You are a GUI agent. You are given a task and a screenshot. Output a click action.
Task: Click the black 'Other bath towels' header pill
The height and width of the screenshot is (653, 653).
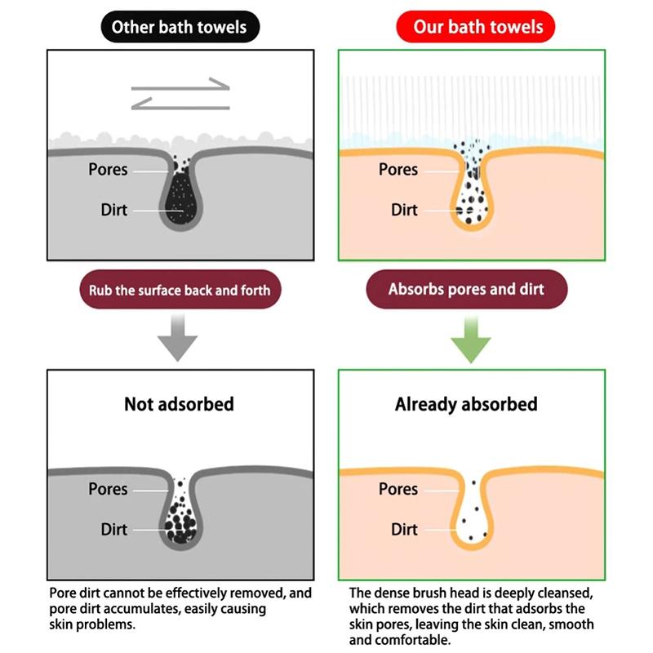tap(180, 27)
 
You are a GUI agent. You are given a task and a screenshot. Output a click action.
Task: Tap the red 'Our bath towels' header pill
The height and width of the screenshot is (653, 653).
tap(476, 27)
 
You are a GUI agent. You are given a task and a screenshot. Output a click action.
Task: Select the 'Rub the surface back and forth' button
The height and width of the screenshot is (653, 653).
tap(180, 290)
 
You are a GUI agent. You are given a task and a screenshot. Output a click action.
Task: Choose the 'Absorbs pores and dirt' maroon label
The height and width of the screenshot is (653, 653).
tap(466, 289)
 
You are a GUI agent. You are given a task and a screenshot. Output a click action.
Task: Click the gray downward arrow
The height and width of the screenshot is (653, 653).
tap(177, 338)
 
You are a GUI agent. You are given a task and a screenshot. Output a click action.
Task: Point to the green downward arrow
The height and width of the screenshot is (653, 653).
tap(471, 340)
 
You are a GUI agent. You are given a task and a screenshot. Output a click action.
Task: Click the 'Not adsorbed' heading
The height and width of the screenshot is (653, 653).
tap(179, 404)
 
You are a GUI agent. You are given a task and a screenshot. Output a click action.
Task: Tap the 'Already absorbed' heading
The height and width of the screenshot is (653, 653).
tap(466, 404)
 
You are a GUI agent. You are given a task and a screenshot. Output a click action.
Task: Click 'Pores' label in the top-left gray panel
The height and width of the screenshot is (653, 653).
tap(108, 170)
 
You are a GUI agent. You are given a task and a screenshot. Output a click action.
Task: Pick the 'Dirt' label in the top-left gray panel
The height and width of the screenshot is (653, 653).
tap(113, 210)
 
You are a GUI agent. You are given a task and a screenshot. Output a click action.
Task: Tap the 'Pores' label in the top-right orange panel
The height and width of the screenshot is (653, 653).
tap(398, 170)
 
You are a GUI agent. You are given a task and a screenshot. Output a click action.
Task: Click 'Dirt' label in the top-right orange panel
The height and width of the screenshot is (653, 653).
tap(404, 210)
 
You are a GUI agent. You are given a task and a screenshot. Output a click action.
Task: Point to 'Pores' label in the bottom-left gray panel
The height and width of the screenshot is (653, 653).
tap(108, 489)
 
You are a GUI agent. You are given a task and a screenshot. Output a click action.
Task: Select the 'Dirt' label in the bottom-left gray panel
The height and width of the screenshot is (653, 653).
tap(113, 529)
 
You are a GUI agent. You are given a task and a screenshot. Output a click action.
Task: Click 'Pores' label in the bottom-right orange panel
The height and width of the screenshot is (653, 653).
tap(398, 489)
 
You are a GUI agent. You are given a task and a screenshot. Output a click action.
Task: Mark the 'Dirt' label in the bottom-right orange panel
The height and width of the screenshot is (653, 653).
tap(404, 529)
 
